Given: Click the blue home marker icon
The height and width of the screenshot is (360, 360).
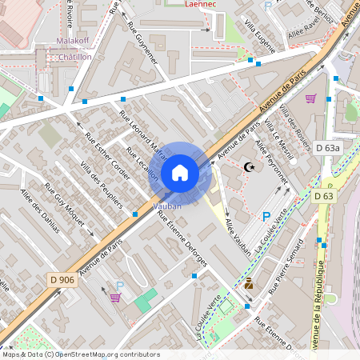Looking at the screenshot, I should point(179,173).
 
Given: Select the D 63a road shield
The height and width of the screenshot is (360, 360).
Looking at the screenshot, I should point(327,148).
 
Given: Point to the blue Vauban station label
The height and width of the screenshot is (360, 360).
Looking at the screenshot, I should point(166,206).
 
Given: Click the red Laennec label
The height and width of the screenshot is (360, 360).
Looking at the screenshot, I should point(200,4).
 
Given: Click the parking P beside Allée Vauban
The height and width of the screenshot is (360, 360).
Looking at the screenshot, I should point(266,216).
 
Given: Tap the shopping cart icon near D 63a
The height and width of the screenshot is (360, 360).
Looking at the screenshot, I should point(310,98).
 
